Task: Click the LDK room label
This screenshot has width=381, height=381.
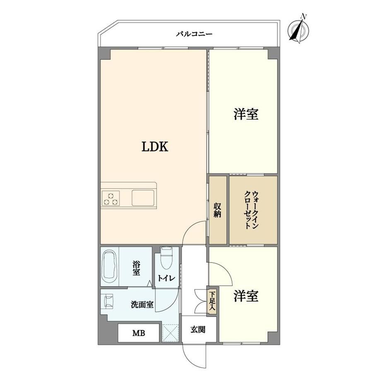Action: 155,147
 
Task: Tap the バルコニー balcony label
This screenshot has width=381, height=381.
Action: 194,34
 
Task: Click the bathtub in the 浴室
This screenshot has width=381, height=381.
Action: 110,267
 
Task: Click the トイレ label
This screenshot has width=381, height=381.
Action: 166,278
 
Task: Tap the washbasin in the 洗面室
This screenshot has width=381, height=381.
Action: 109,301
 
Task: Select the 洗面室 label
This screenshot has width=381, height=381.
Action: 142,304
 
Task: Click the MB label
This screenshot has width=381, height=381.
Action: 139,333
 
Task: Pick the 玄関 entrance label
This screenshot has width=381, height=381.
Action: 198,330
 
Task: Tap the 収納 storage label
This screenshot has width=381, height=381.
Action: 217,210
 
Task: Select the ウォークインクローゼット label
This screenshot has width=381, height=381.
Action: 251,210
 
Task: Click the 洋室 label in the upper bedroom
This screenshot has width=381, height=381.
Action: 246,114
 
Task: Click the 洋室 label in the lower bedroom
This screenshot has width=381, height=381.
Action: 246,296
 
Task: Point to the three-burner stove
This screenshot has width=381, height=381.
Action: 111,198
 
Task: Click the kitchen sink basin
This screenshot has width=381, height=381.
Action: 143,198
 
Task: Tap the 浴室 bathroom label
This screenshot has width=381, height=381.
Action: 136,268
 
